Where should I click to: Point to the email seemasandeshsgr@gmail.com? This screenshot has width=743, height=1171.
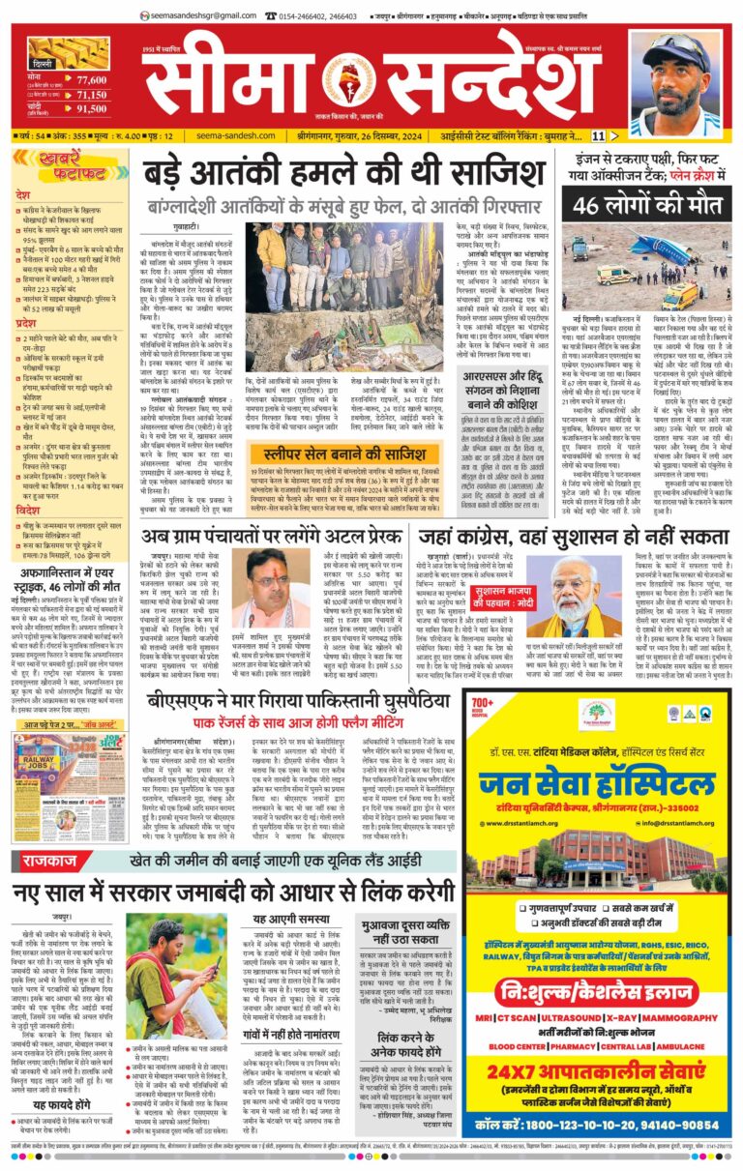pyautogui.click(x=209, y=15)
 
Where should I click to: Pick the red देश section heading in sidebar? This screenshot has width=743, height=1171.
pyautogui.click(x=24, y=194)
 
